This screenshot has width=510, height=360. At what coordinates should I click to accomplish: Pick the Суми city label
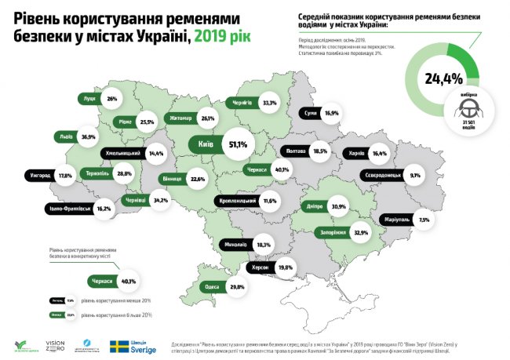(309, 113)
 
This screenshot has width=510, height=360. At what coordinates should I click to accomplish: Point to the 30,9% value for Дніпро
(338, 207)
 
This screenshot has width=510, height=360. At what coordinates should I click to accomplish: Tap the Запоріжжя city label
(333, 232)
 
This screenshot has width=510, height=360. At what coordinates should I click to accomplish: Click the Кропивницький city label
(237, 202)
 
